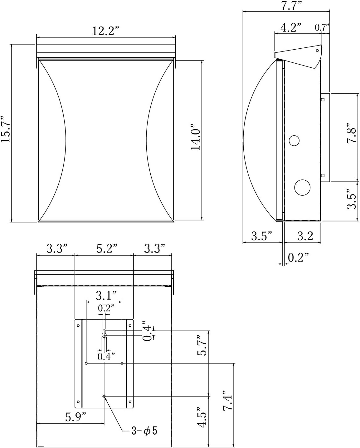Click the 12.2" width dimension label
tap(105, 31)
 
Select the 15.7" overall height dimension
tap(6, 129)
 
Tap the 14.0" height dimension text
tap(196, 139)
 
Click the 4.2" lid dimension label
tap(290, 27)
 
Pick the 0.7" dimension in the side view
tap(322, 27)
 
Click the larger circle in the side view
tap(303, 187)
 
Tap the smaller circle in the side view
tap(294, 140)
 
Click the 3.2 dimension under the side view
tap(305, 236)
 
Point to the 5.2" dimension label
tap(107, 249)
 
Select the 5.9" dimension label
tap(76, 417)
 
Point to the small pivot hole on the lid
tap(317, 50)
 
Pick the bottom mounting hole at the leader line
tap(104, 396)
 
